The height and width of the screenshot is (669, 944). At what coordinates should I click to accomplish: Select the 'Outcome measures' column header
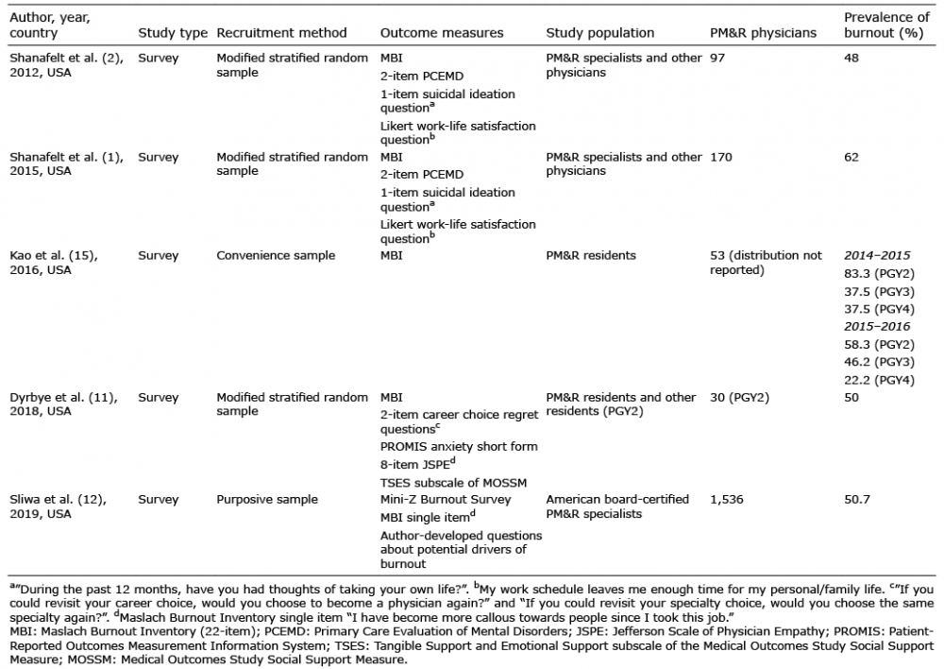(x=442, y=33)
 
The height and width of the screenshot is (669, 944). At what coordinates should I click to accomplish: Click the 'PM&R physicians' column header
(x=763, y=33)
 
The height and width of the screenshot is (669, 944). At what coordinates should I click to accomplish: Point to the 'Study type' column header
(x=173, y=33)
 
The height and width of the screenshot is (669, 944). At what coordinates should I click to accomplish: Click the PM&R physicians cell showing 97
(x=717, y=59)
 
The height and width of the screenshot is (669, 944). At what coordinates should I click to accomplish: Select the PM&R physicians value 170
(x=720, y=157)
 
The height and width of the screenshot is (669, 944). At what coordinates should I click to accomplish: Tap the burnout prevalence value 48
(x=851, y=59)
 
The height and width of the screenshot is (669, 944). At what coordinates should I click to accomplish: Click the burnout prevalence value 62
(x=851, y=157)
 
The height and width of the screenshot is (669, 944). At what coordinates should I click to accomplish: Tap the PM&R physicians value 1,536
(x=728, y=499)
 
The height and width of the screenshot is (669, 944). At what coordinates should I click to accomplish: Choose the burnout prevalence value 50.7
(x=857, y=499)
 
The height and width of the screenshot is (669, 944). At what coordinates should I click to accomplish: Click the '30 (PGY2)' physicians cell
(x=739, y=397)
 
